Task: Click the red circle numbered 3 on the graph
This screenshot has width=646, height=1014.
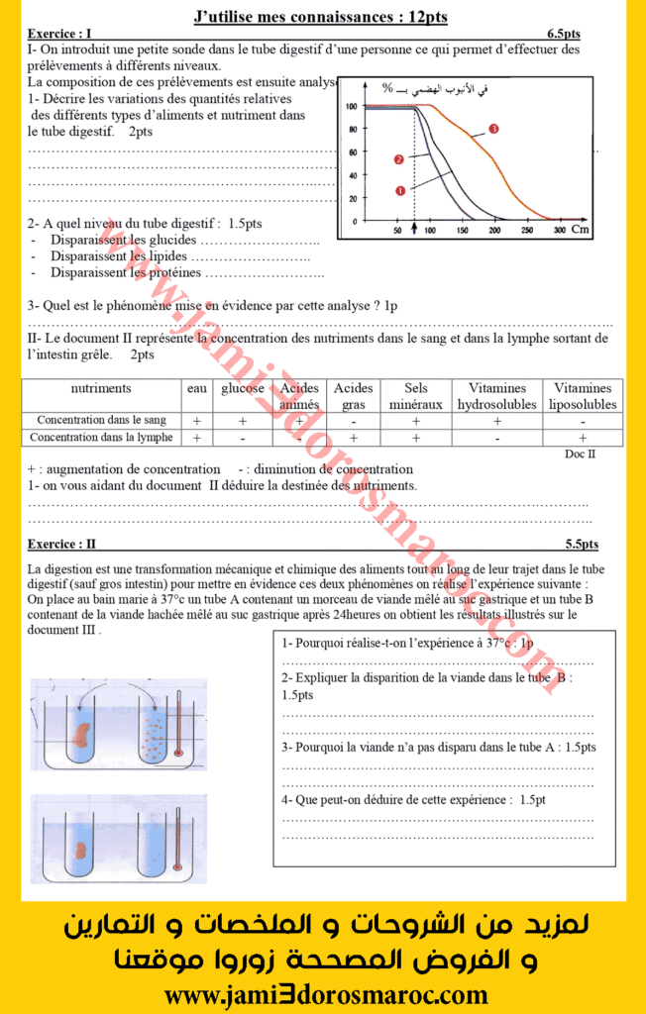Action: [493, 129]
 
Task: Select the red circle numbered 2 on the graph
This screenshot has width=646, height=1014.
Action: [398, 158]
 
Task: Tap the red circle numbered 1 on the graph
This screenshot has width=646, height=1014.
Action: [400, 190]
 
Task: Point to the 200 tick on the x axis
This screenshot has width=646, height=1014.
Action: [495, 230]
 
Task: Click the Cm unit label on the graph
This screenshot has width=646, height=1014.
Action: [580, 230]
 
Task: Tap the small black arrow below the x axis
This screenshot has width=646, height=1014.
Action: [415, 228]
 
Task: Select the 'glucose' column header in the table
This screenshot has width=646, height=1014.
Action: [243, 388]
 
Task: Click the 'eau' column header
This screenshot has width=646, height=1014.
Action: [197, 388]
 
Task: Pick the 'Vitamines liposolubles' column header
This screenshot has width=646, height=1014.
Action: [583, 396]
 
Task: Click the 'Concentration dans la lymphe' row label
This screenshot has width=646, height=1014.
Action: [101, 437]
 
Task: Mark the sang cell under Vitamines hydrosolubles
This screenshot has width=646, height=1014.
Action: [497, 420]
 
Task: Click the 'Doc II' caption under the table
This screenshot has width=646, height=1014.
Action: [580, 454]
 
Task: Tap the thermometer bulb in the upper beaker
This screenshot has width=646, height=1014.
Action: [178, 754]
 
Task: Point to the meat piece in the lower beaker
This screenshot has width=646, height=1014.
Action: [80, 849]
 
